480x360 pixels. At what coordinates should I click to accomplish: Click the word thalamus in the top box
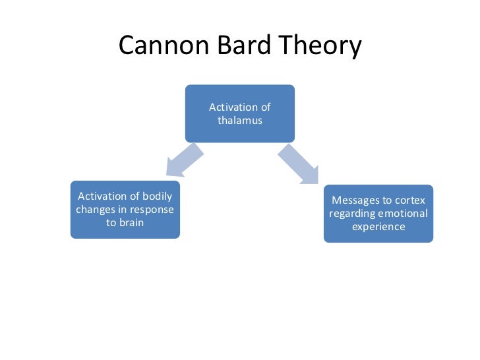click(240, 121)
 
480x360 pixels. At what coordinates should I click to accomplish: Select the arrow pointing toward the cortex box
click(298, 164)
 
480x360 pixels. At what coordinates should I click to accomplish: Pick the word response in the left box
click(153, 209)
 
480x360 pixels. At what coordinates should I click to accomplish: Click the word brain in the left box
click(131, 222)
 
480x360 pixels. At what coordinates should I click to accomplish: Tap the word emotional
click(404, 213)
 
